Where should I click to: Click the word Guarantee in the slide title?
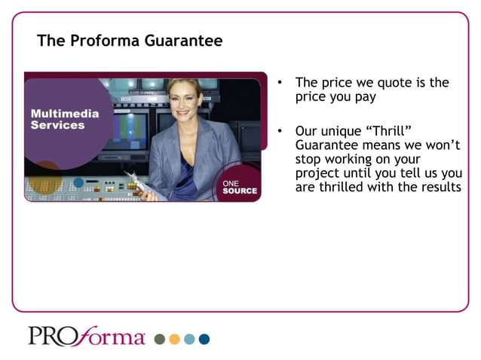[x=188, y=41]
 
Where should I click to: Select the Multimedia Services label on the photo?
[x=64, y=119]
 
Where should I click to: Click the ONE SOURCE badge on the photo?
[x=239, y=187]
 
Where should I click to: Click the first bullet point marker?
[x=279, y=83]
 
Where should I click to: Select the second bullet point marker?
[x=279, y=131]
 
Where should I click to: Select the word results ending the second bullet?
[x=439, y=187]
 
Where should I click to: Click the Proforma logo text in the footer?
[x=87, y=336]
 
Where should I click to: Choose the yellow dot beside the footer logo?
[x=174, y=339]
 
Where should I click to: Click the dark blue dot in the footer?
[x=204, y=339]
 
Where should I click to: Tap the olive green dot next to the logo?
[x=160, y=339]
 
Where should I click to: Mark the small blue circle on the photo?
[x=78, y=182]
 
